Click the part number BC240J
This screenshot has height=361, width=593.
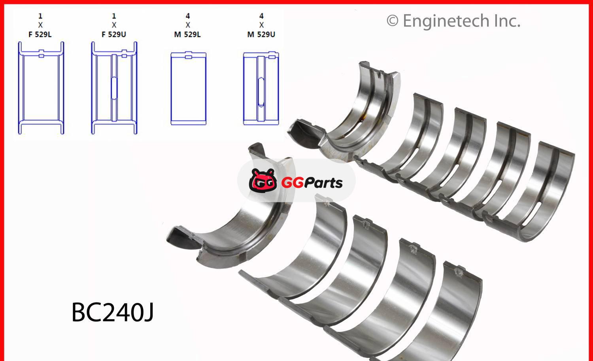pyautogui.click(x=112, y=312)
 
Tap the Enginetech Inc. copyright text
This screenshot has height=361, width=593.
pyautogui.click(x=453, y=21)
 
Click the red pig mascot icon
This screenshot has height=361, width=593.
pyautogui.click(x=263, y=180)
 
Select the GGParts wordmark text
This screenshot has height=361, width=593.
pyautogui.click(x=312, y=183)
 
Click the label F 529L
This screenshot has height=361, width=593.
pyautogui.click(x=40, y=34)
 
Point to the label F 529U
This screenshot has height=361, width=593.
pyautogui.click(x=114, y=34)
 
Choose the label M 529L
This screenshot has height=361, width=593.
pyautogui.click(x=187, y=34)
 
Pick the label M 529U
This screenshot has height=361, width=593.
pyautogui.click(x=261, y=34)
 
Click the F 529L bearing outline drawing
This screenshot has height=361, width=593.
pyautogui.click(x=41, y=88)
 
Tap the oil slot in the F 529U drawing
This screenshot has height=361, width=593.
pyautogui.click(x=114, y=88)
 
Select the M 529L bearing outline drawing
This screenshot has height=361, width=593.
pyautogui.click(x=188, y=89)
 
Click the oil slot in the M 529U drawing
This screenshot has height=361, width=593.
pyautogui.click(x=261, y=92)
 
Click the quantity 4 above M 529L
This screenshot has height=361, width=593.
pyautogui.click(x=188, y=16)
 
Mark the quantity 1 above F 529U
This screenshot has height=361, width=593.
pyautogui.click(x=114, y=16)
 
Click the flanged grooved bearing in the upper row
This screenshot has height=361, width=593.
pyautogui.click(x=356, y=115)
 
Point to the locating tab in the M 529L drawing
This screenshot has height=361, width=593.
pyautogui.click(x=189, y=57)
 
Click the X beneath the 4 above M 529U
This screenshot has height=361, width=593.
pyautogui.click(x=261, y=25)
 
